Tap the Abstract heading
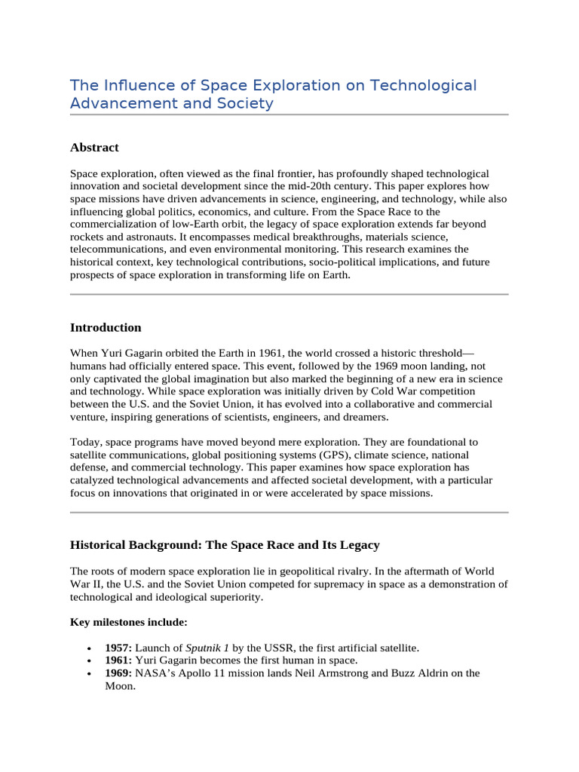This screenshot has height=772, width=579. click(x=94, y=148)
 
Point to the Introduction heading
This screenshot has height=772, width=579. click(x=106, y=328)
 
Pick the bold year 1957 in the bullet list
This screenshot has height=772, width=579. click(x=118, y=648)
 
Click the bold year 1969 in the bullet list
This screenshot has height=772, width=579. click(x=118, y=673)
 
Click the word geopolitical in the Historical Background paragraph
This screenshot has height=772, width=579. click(x=326, y=571)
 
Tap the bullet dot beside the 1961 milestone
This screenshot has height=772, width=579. click(x=90, y=661)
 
